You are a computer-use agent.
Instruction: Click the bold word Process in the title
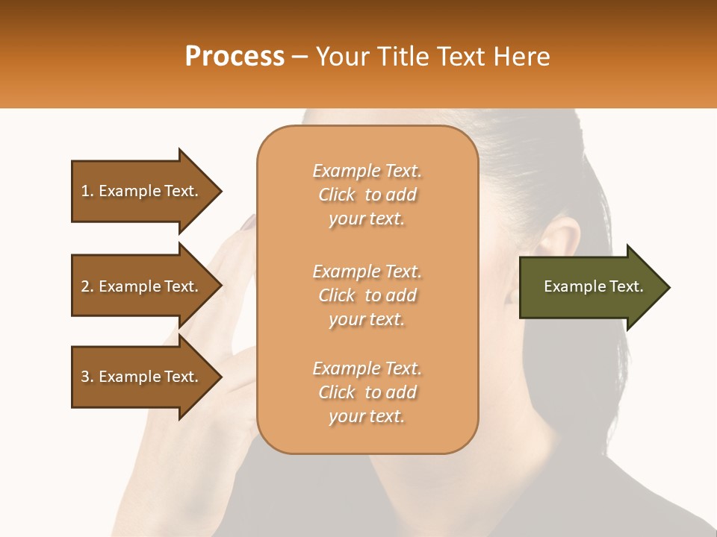coord(235,57)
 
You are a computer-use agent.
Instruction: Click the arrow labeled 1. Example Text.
coord(142,191)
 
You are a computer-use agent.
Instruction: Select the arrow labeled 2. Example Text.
coord(142,286)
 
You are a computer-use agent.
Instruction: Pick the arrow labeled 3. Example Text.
coord(142,377)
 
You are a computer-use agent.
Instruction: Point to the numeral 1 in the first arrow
coord(85,191)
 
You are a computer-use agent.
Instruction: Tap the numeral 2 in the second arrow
coord(85,286)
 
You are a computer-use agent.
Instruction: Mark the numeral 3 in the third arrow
coord(85,377)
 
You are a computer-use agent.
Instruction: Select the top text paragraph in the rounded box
coord(367,195)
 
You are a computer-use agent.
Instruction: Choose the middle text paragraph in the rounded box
coord(367,295)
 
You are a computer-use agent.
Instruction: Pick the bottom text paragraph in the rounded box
coord(367,392)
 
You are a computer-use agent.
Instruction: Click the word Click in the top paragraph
coord(337,195)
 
